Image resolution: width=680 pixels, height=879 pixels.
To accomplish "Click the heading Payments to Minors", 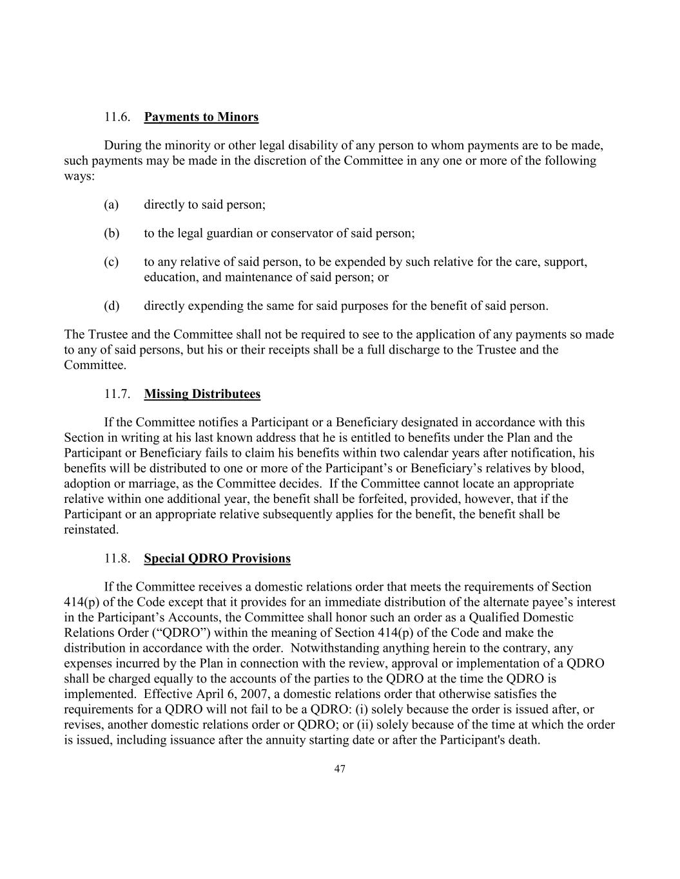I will click(201, 117).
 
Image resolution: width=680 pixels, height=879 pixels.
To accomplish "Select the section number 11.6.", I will click(117, 117).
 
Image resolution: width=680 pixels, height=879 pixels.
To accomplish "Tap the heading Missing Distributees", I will click(202, 393).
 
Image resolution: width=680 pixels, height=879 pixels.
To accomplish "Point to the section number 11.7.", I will click(117, 393).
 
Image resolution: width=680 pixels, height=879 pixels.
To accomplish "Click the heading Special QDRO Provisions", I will click(217, 558).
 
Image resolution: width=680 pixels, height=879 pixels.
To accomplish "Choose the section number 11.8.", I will click(117, 558).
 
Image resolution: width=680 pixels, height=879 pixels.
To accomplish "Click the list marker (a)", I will click(112, 204).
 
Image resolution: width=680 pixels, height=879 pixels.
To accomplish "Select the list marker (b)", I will click(112, 232).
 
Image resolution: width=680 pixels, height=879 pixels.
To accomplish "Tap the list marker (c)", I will click(112, 261).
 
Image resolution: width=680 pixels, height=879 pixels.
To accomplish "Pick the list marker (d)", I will click(112, 305).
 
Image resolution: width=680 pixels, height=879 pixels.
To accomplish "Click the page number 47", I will click(340, 768).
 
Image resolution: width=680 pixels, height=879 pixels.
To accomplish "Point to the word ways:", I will click(79, 176).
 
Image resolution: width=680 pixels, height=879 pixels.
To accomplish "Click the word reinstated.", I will click(92, 529).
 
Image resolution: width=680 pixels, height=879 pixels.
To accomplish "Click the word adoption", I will click(86, 483).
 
